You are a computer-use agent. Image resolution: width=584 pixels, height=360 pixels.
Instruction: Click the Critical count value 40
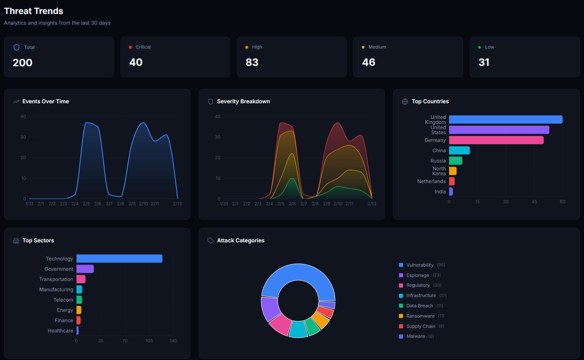pos(136,62)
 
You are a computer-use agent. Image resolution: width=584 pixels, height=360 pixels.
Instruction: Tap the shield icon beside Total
pos(16,47)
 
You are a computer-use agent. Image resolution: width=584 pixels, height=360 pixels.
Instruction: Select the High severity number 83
pos(252,62)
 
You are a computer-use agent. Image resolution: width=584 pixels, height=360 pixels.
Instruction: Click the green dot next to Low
pos(480,47)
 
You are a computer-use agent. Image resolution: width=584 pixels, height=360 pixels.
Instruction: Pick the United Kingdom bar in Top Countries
pos(505,119)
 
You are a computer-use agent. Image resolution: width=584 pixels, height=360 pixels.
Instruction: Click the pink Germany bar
pos(496,140)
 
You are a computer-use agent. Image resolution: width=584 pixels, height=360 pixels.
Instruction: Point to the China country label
pos(439,151)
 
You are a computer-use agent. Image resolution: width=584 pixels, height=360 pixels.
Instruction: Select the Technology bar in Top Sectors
pos(119,259)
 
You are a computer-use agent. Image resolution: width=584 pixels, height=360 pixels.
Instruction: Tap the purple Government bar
pos(85,269)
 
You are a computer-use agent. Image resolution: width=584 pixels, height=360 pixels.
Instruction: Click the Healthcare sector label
pos(60,331)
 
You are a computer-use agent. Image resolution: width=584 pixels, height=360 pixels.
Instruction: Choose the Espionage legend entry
pos(417,275)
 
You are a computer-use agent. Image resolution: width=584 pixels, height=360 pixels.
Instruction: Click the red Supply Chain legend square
pos(401,326)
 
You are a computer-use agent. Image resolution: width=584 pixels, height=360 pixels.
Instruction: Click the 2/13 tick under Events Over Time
pos(177,204)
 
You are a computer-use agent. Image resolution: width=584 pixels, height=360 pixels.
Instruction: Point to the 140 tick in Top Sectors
pos(174,341)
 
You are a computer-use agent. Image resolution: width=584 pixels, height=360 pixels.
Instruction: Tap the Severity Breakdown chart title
pos(243,102)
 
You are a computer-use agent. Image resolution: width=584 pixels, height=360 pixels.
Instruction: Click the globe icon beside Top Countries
pos(405,102)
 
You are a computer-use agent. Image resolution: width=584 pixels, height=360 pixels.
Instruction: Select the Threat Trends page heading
pos(34,11)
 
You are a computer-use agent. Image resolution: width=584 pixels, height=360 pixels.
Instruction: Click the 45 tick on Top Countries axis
pos(534,202)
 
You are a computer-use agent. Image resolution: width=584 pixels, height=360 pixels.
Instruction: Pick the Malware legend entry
pos(415,337)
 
